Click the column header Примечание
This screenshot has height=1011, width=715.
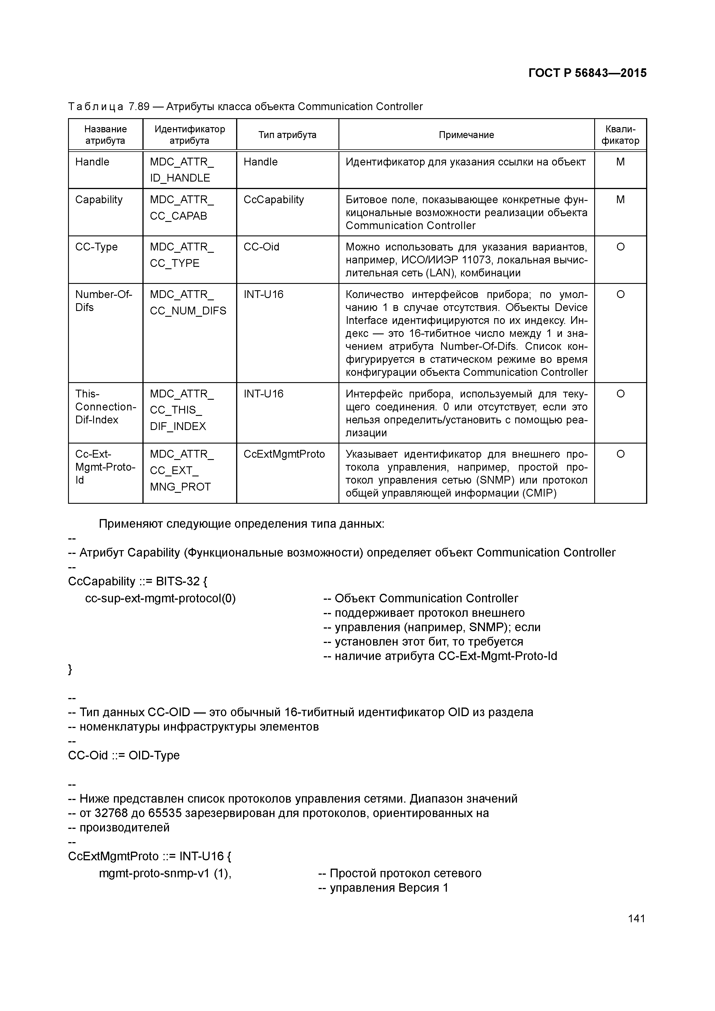pos(466,135)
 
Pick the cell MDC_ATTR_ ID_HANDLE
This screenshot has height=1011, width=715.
pos(182,170)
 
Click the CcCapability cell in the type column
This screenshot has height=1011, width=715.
pos(274,200)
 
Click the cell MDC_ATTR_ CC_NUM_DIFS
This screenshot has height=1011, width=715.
pos(188,303)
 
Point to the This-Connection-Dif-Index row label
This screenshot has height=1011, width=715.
pos(105,407)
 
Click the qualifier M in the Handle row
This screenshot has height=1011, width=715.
pos(620,162)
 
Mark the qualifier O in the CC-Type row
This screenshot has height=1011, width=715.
pos(620,247)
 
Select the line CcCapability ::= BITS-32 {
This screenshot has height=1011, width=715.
pos(138,582)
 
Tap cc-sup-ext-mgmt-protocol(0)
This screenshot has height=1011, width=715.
pos(160,598)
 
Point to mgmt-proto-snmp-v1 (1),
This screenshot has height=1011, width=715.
pos(165,874)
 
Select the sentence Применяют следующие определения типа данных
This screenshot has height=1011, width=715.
pos(241,524)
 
